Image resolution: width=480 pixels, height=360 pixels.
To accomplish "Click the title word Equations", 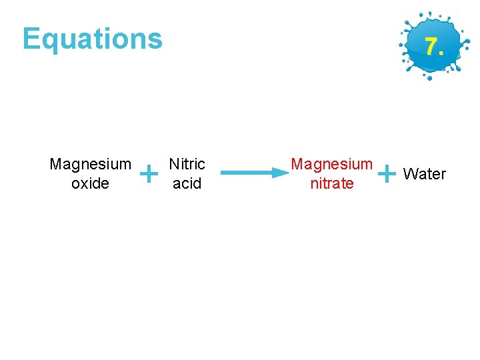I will [x=92, y=39].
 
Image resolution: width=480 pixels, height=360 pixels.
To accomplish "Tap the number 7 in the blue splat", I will [x=431, y=47].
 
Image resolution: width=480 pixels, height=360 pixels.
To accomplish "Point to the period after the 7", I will [x=441, y=53].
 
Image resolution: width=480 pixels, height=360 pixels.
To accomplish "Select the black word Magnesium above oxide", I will [x=90, y=164].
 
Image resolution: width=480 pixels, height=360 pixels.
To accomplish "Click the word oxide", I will [x=90, y=183].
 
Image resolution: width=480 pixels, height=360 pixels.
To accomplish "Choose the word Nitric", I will [x=187, y=164].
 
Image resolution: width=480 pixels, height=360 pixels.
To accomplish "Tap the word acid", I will [x=187, y=183].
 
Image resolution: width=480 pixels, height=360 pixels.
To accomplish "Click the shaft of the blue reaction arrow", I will [x=247, y=173].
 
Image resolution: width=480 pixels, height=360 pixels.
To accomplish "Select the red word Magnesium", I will [x=332, y=164].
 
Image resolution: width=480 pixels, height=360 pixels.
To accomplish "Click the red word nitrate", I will [x=332, y=183].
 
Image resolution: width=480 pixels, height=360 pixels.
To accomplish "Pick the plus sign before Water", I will [x=386, y=174].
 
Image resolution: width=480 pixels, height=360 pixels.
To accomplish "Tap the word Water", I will [x=425, y=174].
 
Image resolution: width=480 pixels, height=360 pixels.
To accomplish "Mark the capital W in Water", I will [x=410, y=174].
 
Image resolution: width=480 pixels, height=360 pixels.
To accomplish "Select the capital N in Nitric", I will [x=173, y=164].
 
